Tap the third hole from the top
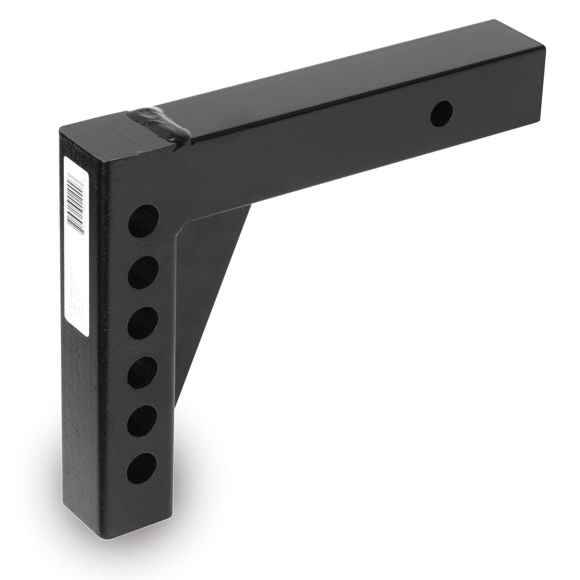(x=144, y=320)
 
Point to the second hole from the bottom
(x=144, y=419)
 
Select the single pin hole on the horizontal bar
(x=442, y=114)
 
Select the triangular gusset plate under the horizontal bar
(x=213, y=290)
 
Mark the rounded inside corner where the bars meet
(x=186, y=227)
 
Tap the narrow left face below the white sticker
(x=80, y=411)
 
